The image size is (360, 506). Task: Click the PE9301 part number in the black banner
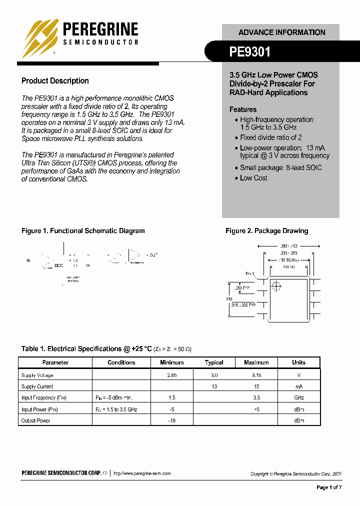249,51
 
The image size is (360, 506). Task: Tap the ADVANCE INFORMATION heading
281,32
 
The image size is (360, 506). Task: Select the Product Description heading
55,81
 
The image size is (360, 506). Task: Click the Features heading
243,109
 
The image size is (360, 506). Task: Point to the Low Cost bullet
253,178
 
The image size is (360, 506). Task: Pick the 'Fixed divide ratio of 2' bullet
270,137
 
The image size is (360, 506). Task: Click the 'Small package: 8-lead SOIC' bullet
280,168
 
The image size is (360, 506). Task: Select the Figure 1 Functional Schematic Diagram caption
83,231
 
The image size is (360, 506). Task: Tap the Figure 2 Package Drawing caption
266,231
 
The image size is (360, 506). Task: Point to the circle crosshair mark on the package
275,286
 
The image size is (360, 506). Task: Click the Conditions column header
121,362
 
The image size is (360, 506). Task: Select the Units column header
298,362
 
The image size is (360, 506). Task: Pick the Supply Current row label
37,386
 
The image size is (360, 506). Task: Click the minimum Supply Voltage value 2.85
171,375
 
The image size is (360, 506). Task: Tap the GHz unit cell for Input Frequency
298,398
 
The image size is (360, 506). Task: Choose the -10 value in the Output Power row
171,421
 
